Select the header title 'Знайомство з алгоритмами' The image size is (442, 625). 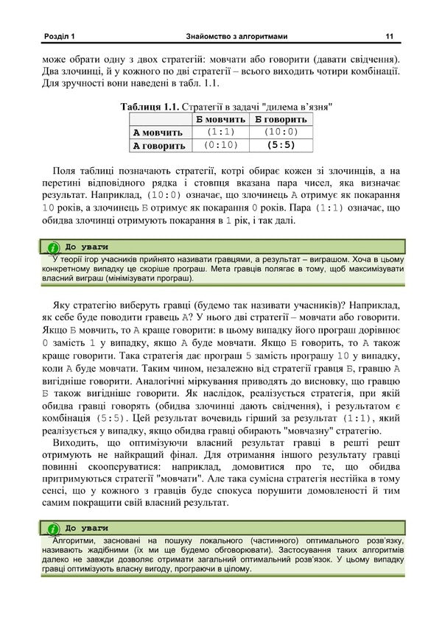(x=222, y=36)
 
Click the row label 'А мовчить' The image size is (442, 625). (x=157, y=133)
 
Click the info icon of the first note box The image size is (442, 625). (x=54, y=248)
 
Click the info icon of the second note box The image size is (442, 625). (x=54, y=529)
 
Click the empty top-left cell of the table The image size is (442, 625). (x=157, y=119)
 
